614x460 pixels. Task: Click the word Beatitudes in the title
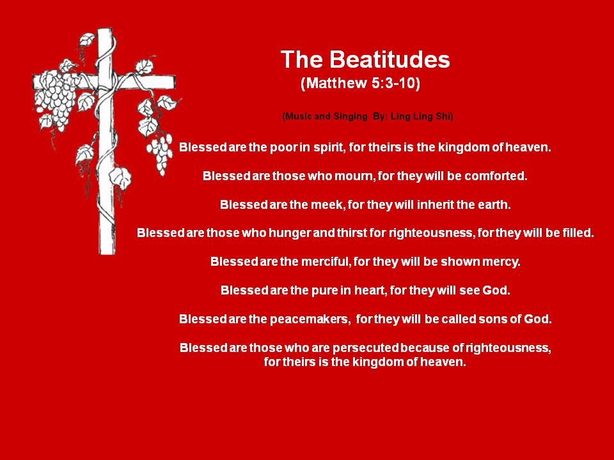[390, 59]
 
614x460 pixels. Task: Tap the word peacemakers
[309, 319]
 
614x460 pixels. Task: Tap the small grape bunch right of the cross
[160, 153]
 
